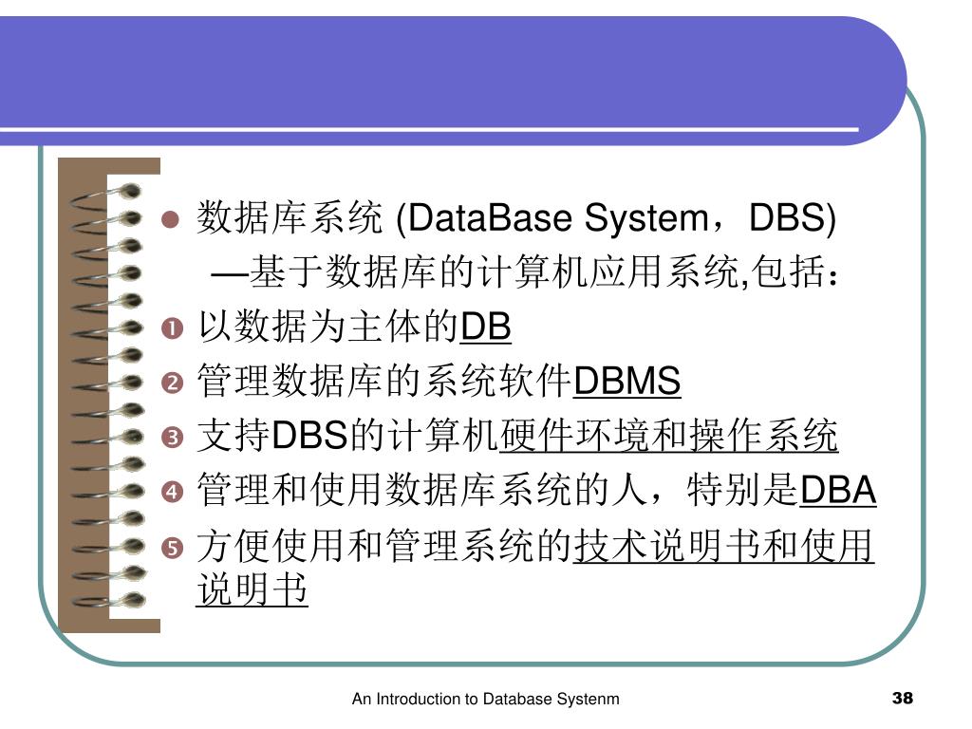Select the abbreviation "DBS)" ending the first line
793,220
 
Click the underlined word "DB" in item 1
486,328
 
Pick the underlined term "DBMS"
627,383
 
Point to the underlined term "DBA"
839,492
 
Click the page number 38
903,700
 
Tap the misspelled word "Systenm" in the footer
588,700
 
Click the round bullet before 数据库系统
171,220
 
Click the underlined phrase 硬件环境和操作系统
669,437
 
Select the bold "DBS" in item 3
311,438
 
